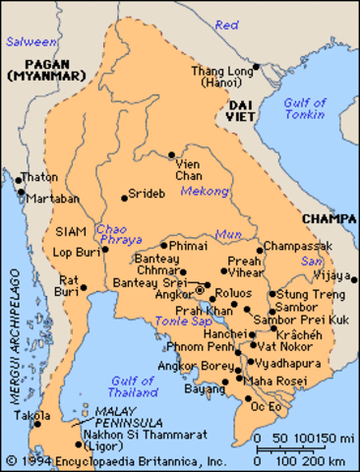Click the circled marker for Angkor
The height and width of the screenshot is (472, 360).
click(x=199, y=290)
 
